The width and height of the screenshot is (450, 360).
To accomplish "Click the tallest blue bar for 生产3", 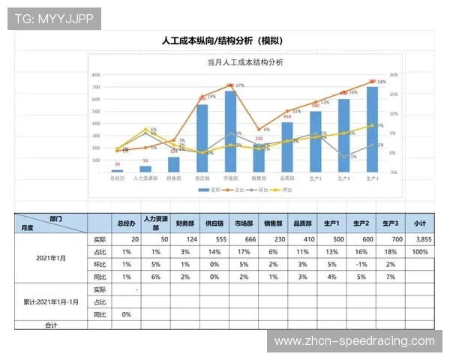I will click(372, 129).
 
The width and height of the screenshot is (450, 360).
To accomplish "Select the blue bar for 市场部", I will click(230, 133).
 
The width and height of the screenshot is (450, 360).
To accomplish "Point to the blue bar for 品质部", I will click(287, 147).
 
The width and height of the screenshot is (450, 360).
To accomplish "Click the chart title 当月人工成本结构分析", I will click(244, 64).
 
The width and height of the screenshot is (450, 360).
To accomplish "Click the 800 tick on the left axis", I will click(95, 75).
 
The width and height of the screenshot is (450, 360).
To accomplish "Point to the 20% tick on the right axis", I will click(394, 75).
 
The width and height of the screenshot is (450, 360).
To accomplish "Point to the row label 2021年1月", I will click(52, 257).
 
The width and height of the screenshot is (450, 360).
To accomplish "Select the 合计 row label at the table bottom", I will click(50, 325).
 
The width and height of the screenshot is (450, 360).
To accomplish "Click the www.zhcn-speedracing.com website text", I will click(355, 341).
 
